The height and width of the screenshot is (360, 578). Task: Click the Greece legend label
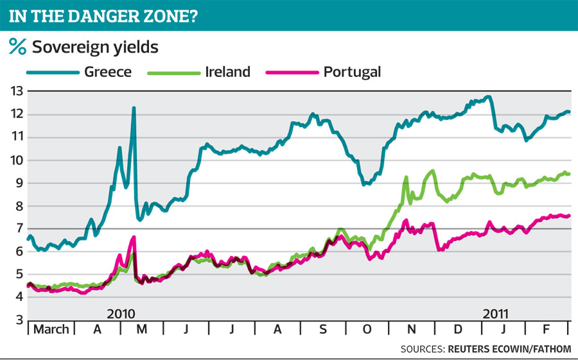click(107, 71)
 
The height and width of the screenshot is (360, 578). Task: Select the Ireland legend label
click(228, 71)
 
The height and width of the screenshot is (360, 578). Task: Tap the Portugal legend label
click(352, 71)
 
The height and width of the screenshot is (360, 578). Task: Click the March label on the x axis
click(51, 330)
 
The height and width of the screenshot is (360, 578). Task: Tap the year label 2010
click(121, 314)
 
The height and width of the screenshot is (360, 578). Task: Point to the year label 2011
click(495, 314)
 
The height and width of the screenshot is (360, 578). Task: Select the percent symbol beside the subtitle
click(17, 46)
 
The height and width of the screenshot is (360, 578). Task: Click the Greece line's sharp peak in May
click(134, 108)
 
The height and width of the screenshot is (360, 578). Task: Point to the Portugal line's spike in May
click(134, 237)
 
